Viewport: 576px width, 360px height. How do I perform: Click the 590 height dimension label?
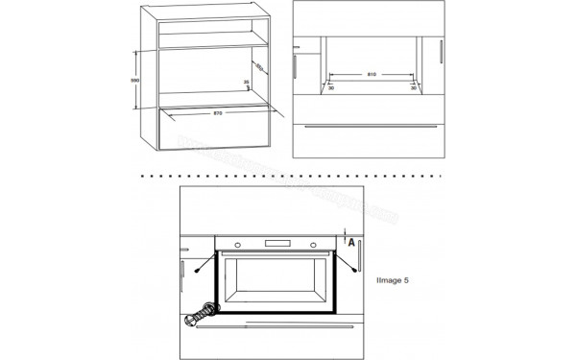tap(136, 81)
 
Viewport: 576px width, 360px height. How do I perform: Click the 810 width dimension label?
tap(370, 73)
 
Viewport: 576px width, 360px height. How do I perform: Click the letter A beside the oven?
tap(352, 244)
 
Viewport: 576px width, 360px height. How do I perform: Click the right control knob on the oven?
tap(315, 243)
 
